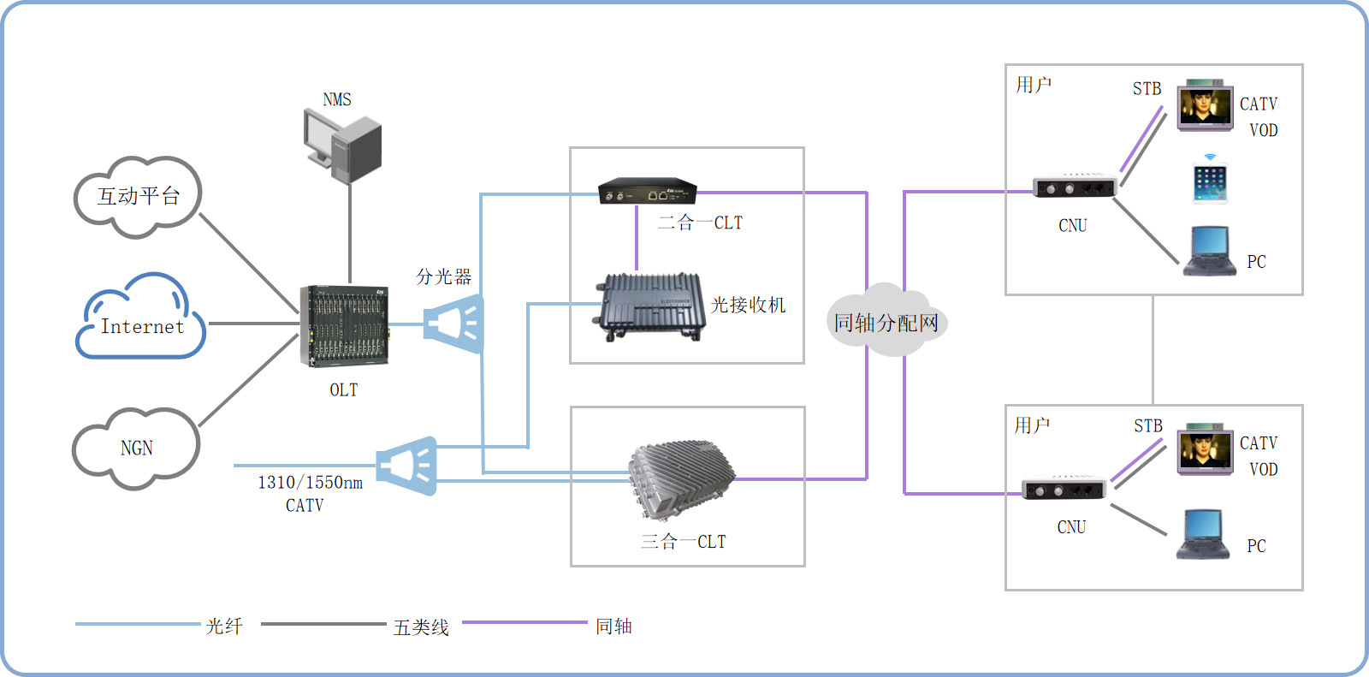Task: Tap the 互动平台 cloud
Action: (138, 196)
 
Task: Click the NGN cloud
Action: (136, 448)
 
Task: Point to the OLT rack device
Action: (344, 326)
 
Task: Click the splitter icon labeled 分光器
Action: (455, 324)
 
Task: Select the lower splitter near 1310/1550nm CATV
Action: (408, 466)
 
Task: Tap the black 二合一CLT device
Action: (647, 191)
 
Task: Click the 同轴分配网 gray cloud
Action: (886, 323)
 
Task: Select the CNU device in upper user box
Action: (1075, 187)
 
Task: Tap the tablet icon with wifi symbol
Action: (1210, 181)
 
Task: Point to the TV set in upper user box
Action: (1205, 107)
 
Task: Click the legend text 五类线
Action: (421, 627)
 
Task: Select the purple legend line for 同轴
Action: (524, 623)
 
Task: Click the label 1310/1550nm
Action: (310, 483)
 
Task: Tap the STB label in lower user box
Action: (1148, 425)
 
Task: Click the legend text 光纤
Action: (224, 627)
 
